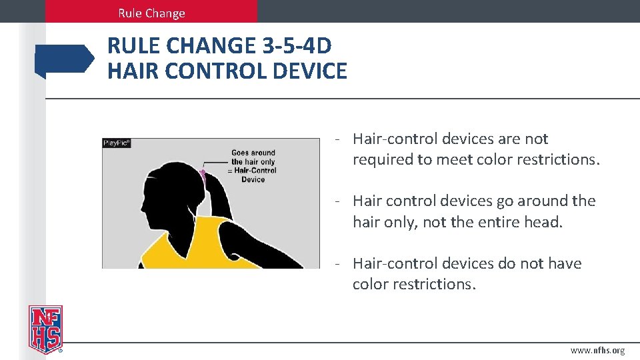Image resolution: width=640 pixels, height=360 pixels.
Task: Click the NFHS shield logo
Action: click(x=45, y=329)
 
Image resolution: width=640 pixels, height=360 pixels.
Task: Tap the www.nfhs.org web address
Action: click(x=597, y=351)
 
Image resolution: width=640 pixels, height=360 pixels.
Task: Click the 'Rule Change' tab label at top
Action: click(x=151, y=13)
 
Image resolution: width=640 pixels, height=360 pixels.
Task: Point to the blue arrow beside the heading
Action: click(x=65, y=59)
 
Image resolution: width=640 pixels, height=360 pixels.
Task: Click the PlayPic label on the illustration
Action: click(x=117, y=143)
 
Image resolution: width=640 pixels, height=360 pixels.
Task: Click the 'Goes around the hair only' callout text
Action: click(x=253, y=157)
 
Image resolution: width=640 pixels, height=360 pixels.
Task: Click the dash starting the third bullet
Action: click(x=339, y=263)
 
